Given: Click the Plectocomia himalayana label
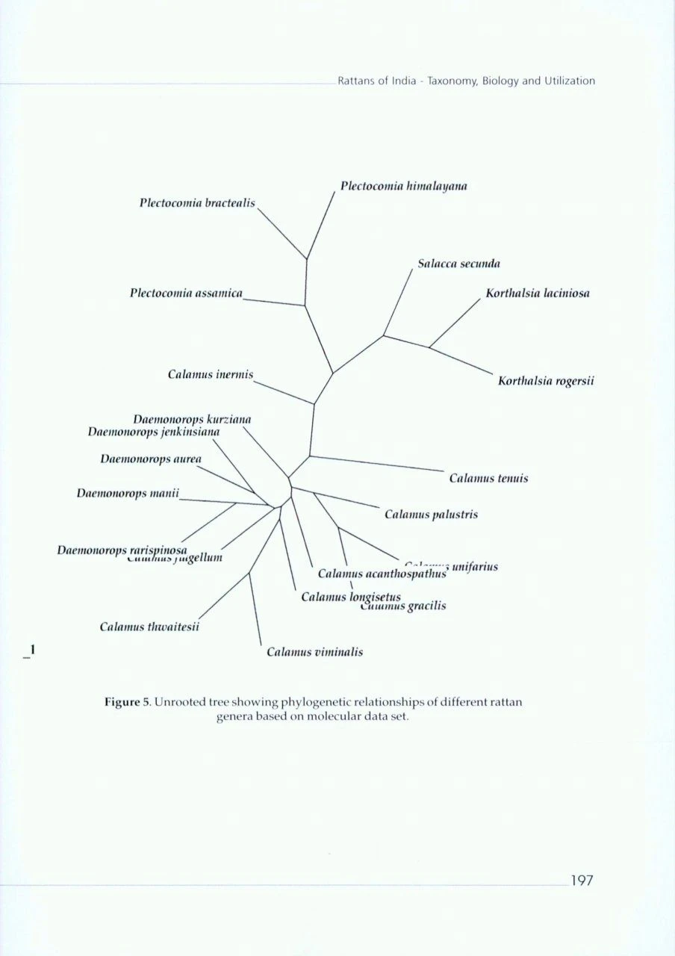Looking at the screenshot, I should (404, 186).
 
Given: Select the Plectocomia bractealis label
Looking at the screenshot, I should (197, 203).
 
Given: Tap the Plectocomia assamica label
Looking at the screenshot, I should (187, 294).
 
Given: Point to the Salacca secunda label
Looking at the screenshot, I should (459, 264).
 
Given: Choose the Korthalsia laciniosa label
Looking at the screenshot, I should (538, 294).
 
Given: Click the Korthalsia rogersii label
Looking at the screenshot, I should (546, 382).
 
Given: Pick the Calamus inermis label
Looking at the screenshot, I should (211, 373).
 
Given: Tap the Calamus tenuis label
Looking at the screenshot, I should (488, 478).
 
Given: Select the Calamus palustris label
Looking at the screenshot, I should (432, 515).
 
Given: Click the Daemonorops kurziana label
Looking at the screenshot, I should (192, 419).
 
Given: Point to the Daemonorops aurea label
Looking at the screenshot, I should (151, 459).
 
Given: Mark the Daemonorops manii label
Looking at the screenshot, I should (130, 494).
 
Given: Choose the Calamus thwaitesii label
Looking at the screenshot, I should (149, 627).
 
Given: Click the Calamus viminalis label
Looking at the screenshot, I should (315, 652).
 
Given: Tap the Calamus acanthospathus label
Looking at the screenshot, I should (382, 574).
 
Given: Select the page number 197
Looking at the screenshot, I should (582, 881).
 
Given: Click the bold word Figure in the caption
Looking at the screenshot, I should (122, 702).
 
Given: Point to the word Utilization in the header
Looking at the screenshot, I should (569, 81).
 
